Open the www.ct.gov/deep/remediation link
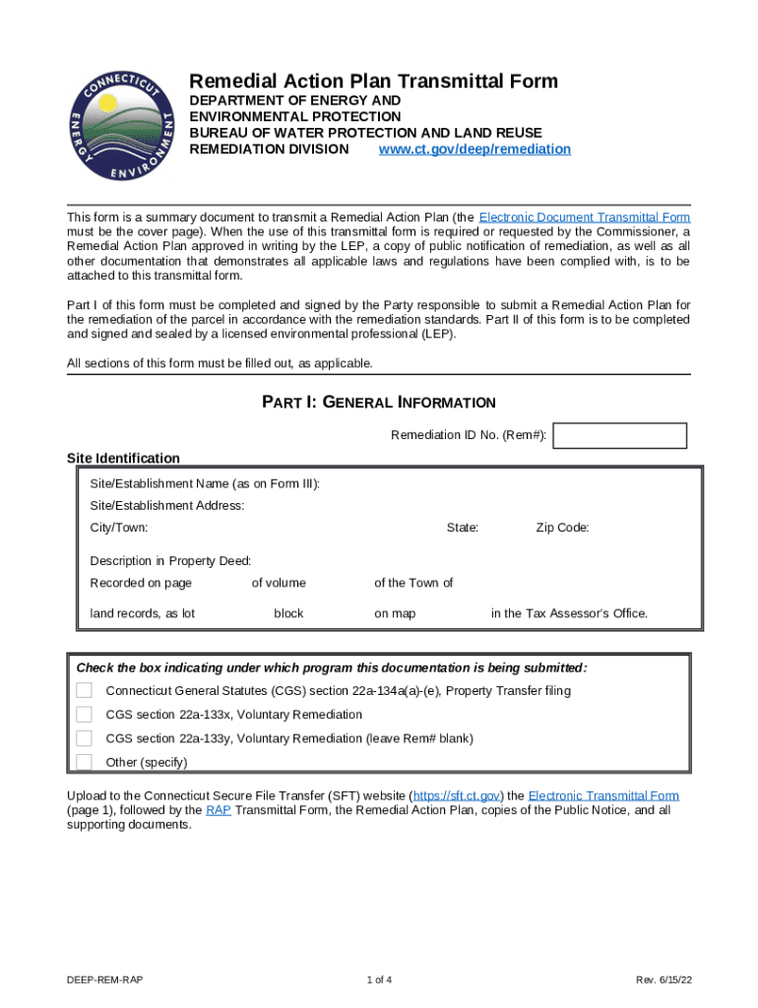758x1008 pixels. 474,150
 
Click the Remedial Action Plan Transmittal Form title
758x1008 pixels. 373,82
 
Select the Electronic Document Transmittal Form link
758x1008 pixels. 584,217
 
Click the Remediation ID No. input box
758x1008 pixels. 620,436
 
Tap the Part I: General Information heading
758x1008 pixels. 378,403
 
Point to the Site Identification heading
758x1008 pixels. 123,458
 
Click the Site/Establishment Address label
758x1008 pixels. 167,506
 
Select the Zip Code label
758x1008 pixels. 562,528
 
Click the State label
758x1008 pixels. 463,528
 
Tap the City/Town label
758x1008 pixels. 119,528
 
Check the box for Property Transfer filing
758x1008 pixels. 85,691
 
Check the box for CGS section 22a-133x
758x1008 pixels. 85,715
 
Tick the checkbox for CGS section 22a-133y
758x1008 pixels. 85,738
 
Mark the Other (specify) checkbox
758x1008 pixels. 85,762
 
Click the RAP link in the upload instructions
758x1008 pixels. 219,810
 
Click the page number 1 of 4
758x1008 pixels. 379,980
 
